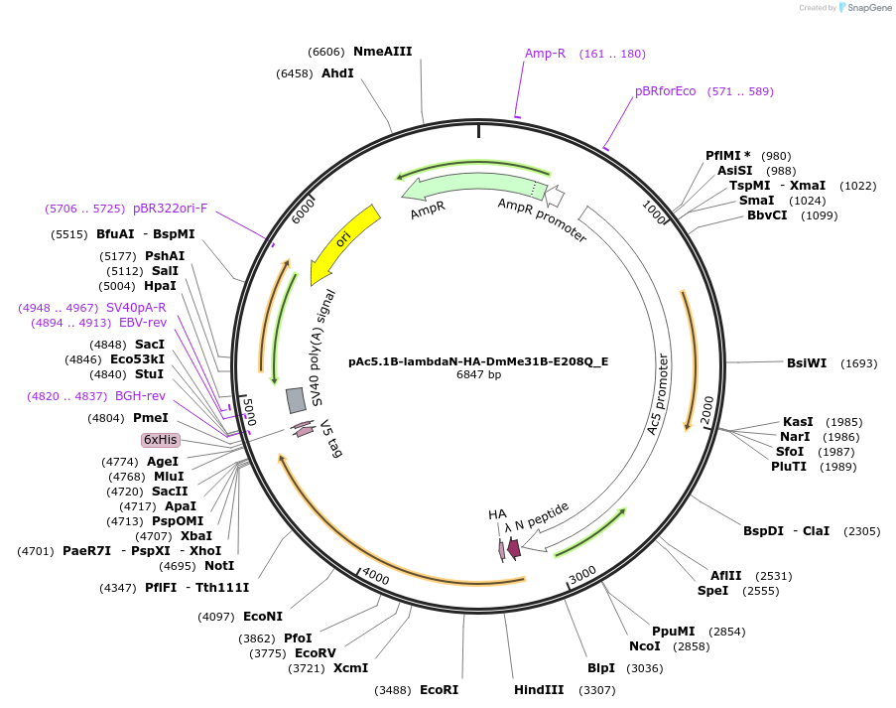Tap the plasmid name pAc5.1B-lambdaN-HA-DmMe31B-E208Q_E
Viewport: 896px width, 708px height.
pos(478,361)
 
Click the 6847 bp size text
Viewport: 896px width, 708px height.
pos(478,375)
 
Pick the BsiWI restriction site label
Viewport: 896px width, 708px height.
pos(806,363)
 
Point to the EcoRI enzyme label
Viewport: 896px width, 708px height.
pos(439,690)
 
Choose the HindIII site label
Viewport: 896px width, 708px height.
pos(539,690)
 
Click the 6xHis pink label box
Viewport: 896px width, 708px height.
pos(161,439)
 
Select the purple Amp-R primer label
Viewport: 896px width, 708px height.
pos(545,54)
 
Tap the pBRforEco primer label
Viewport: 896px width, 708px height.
pos(666,91)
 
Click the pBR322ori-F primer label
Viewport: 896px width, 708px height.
pos(170,209)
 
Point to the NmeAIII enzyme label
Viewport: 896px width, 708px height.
pos(382,52)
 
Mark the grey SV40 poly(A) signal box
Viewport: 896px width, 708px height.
pos(296,400)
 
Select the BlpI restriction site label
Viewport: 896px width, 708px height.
pos(601,668)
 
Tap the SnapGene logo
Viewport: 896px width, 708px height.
pos(861,8)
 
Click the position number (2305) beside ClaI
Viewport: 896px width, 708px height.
pos(861,531)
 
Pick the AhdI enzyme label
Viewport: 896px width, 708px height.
pos(337,73)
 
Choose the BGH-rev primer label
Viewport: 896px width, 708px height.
pos(140,396)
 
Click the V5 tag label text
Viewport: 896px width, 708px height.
pos(330,438)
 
